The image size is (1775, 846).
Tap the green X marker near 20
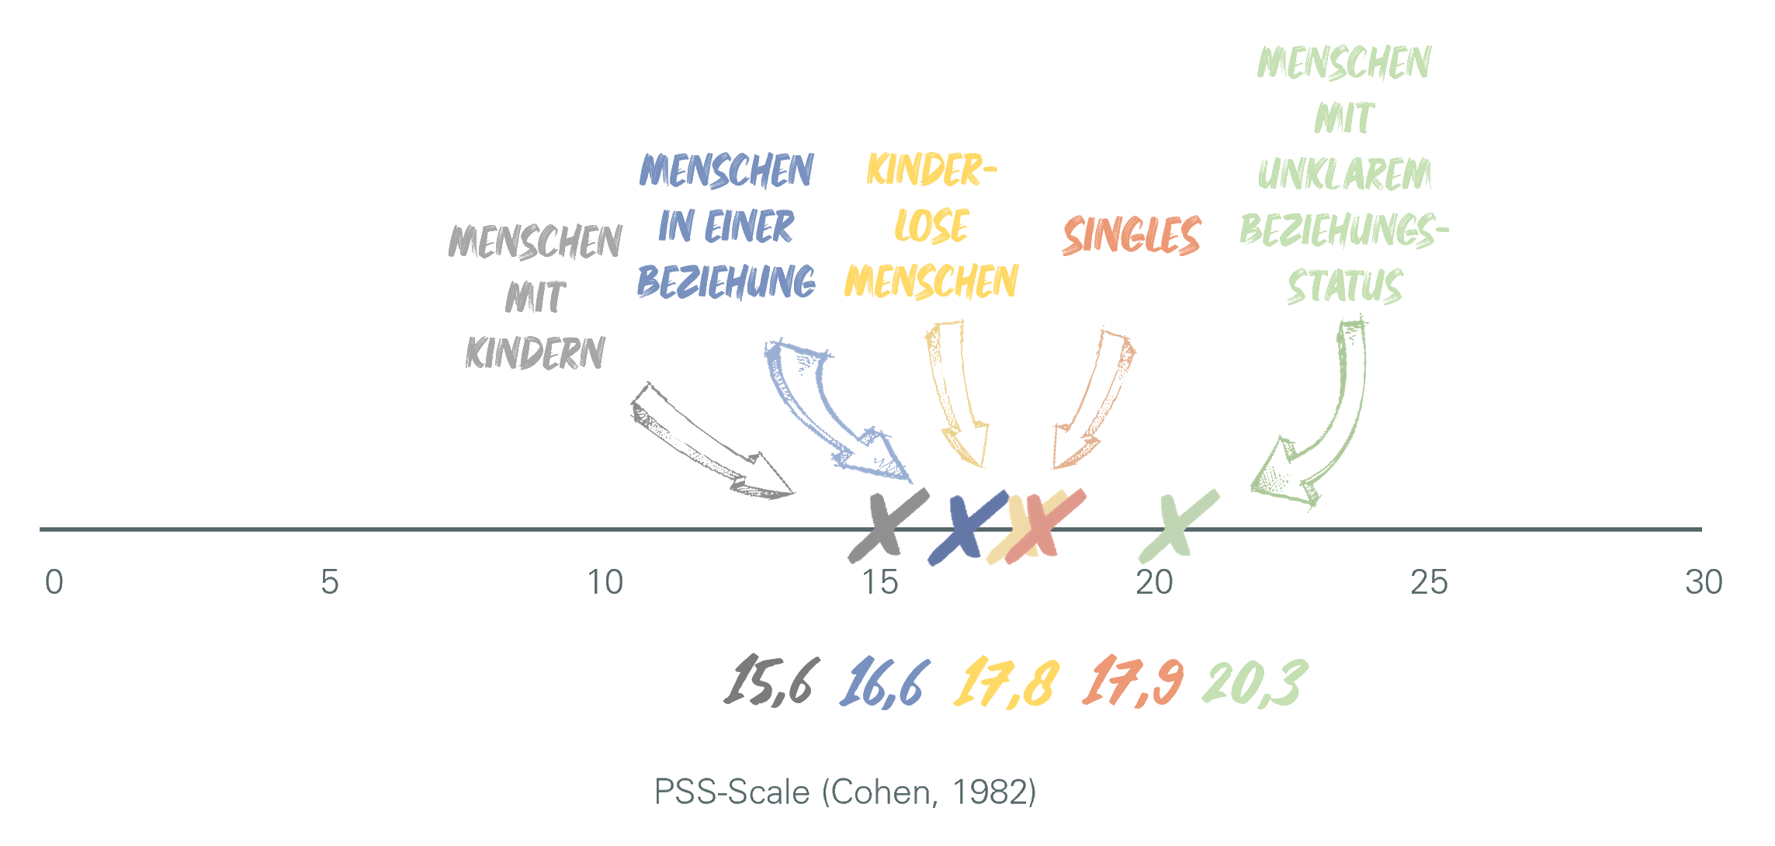point(1177,526)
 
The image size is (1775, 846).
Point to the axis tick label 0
point(54,582)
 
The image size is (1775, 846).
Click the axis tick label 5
point(330,582)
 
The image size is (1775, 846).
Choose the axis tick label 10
point(605,582)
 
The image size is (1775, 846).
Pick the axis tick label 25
point(1429,582)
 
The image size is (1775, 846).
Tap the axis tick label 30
point(1704,582)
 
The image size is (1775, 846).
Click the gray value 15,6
point(769,682)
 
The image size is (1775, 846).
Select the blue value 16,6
point(883,682)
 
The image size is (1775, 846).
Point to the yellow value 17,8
point(1006,682)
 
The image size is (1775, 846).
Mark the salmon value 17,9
point(1134,682)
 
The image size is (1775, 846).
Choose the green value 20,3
point(1254,682)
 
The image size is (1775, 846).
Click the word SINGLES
point(1132,235)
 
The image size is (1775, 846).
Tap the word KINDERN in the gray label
point(535,353)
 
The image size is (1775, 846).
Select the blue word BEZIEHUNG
point(726,282)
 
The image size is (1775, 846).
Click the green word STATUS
point(1344,286)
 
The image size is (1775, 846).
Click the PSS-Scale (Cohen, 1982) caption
point(845,792)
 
